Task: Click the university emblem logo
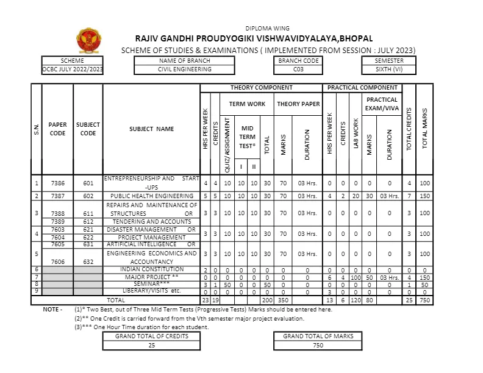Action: [85, 41]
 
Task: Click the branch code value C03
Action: [298, 69]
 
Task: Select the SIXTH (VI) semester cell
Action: [390, 69]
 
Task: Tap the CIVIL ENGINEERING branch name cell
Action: [184, 69]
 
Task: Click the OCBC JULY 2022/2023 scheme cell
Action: [73, 69]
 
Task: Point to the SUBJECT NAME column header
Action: [151, 129]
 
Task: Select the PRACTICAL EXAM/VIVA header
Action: [382, 104]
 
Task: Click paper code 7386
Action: [57, 183]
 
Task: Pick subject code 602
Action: [88, 196]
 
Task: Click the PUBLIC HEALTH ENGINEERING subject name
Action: [151, 196]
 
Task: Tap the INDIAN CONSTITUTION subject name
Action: [151, 269]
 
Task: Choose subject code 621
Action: [88, 229]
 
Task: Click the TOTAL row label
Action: [116, 300]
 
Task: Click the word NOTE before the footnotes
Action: [52, 309]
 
